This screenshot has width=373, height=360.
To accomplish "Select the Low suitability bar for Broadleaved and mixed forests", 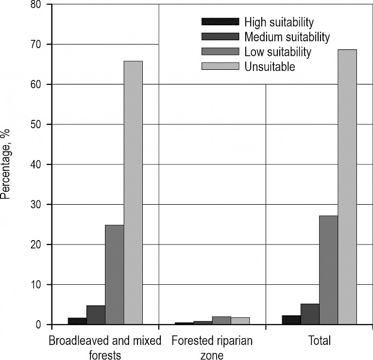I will [115, 275].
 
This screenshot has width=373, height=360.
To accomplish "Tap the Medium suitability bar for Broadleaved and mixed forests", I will [96, 315].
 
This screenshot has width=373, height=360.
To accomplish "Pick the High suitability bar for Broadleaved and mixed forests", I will [77, 321].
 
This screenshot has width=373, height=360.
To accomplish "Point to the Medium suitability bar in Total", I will [310, 314].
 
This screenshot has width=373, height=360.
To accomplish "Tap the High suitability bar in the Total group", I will [291, 320].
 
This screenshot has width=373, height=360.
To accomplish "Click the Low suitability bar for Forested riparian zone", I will [221, 320].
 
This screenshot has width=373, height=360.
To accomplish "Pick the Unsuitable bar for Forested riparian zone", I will [240, 321].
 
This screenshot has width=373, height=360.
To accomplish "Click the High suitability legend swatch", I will [220, 22].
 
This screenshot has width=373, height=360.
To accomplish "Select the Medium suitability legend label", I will [287, 37].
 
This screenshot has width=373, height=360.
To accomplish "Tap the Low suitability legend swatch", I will [220, 52].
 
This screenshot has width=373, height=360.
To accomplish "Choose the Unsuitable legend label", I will [270, 67].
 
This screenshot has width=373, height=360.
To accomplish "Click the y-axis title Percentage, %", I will [6, 164].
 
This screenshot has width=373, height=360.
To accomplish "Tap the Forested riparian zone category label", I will [212, 348].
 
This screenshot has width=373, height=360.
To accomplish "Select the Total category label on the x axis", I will [319, 341].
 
